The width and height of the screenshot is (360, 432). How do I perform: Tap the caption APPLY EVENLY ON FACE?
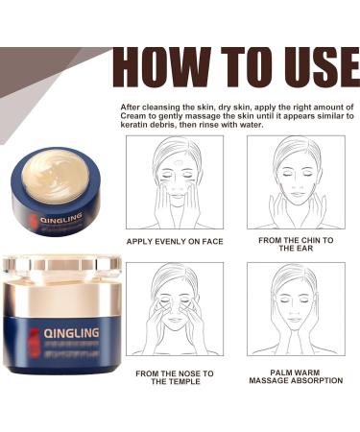click(x=174, y=241)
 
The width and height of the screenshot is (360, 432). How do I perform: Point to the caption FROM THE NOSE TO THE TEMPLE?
click(x=174, y=376)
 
